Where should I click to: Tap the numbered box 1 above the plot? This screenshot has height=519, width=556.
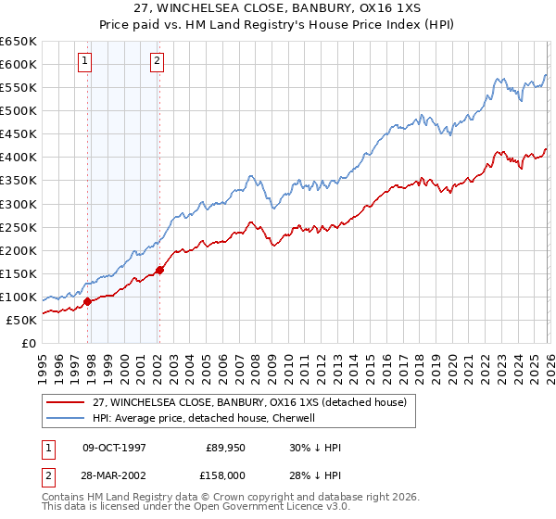(84, 61)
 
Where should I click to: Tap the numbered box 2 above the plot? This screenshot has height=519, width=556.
(157, 61)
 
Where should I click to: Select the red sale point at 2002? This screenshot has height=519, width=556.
(159, 270)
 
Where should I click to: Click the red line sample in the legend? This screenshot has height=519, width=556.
(67, 402)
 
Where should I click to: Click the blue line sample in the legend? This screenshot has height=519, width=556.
(67, 418)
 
